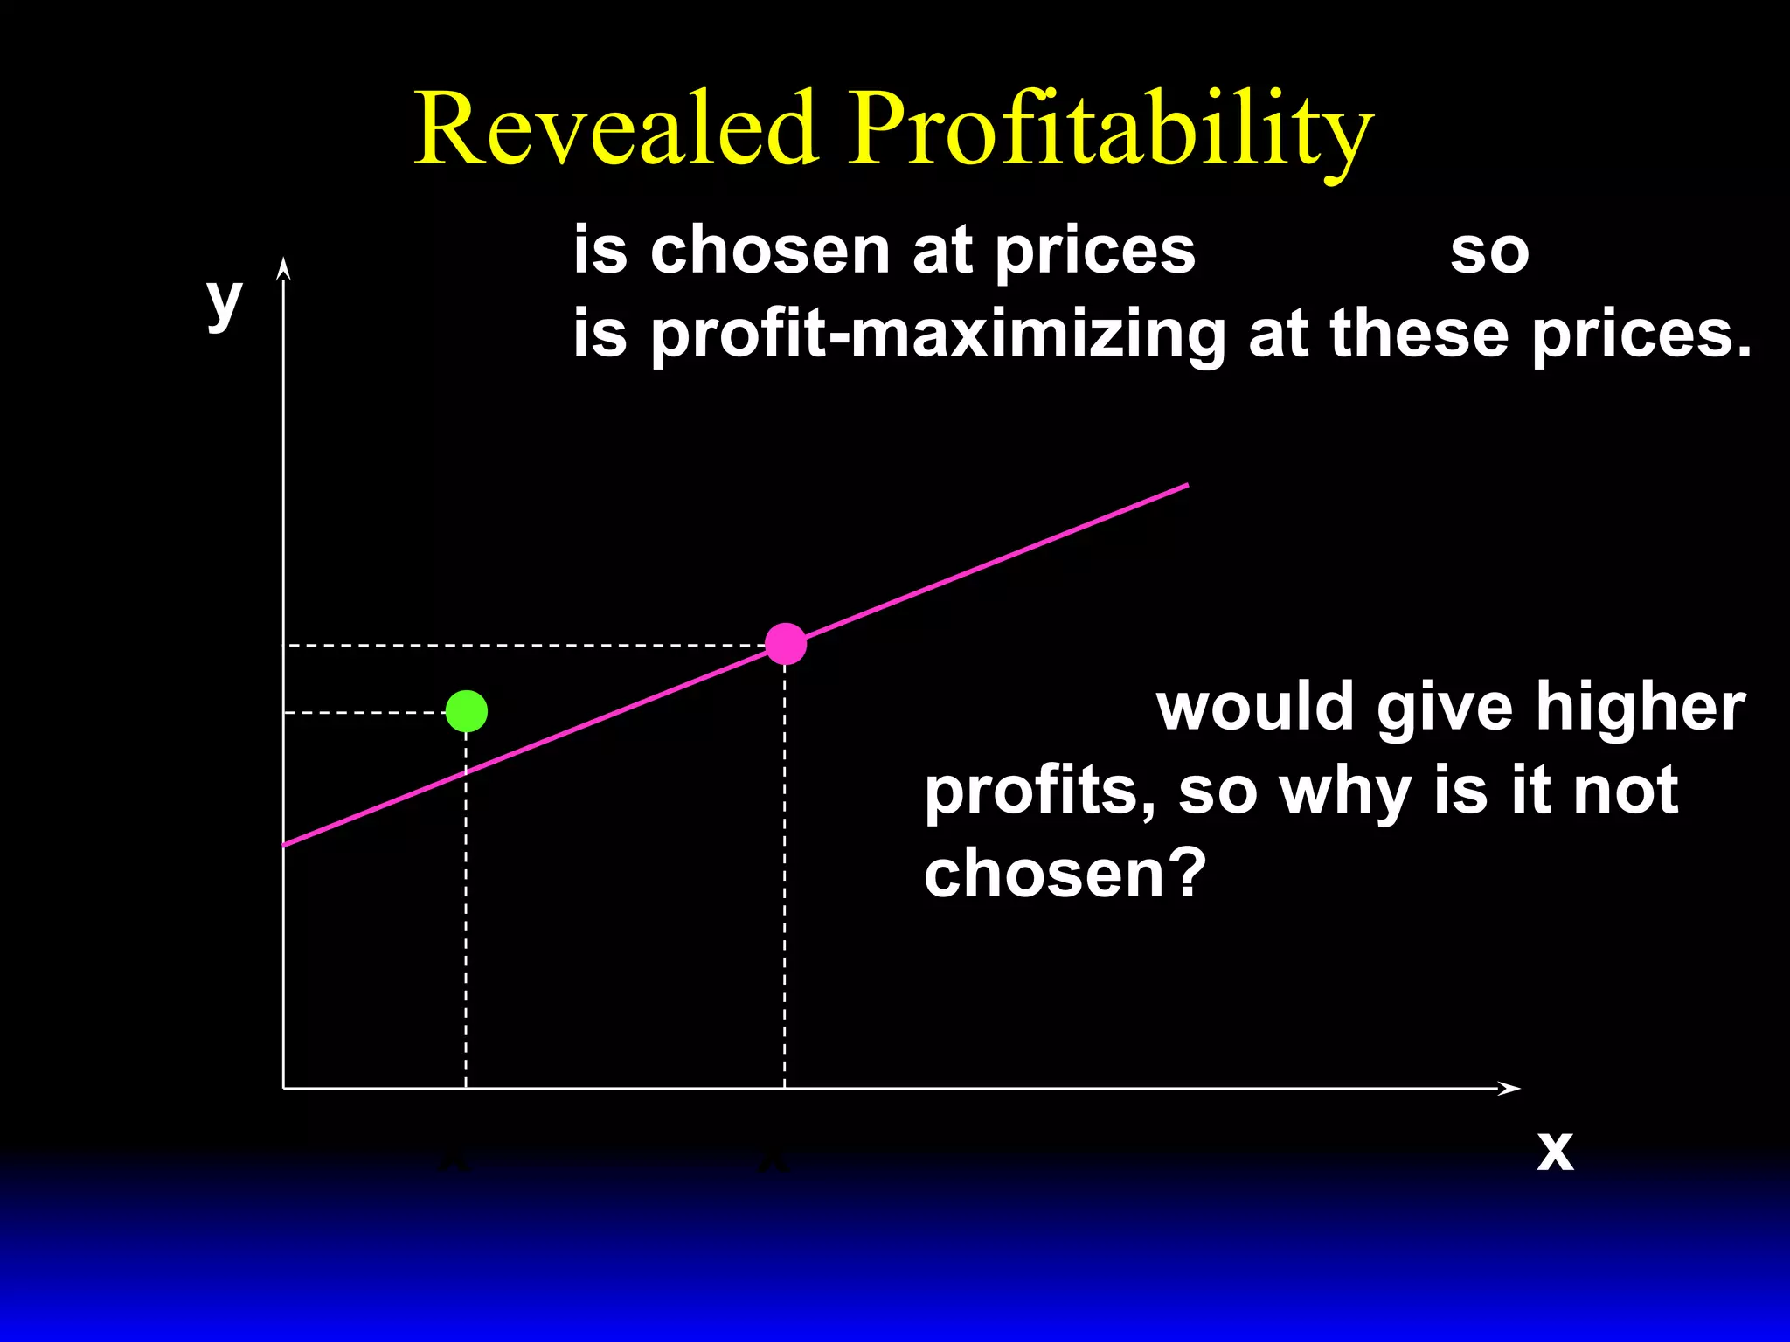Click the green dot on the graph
pyautogui.click(x=466, y=711)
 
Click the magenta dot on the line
pyautogui.click(x=785, y=645)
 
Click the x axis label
pyautogui.click(x=1555, y=1151)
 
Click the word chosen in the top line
pyautogui.click(x=770, y=250)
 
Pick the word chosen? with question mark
pyautogui.click(x=1065, y=874)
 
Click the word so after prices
pyautogui.click(x=1489, y=252)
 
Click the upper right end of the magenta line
pyautogui.click(x=1185, y=485)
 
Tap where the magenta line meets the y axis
pyautogui.click(x=284, y=845)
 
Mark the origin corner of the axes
pyautogui.click(x=284, y=1088)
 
